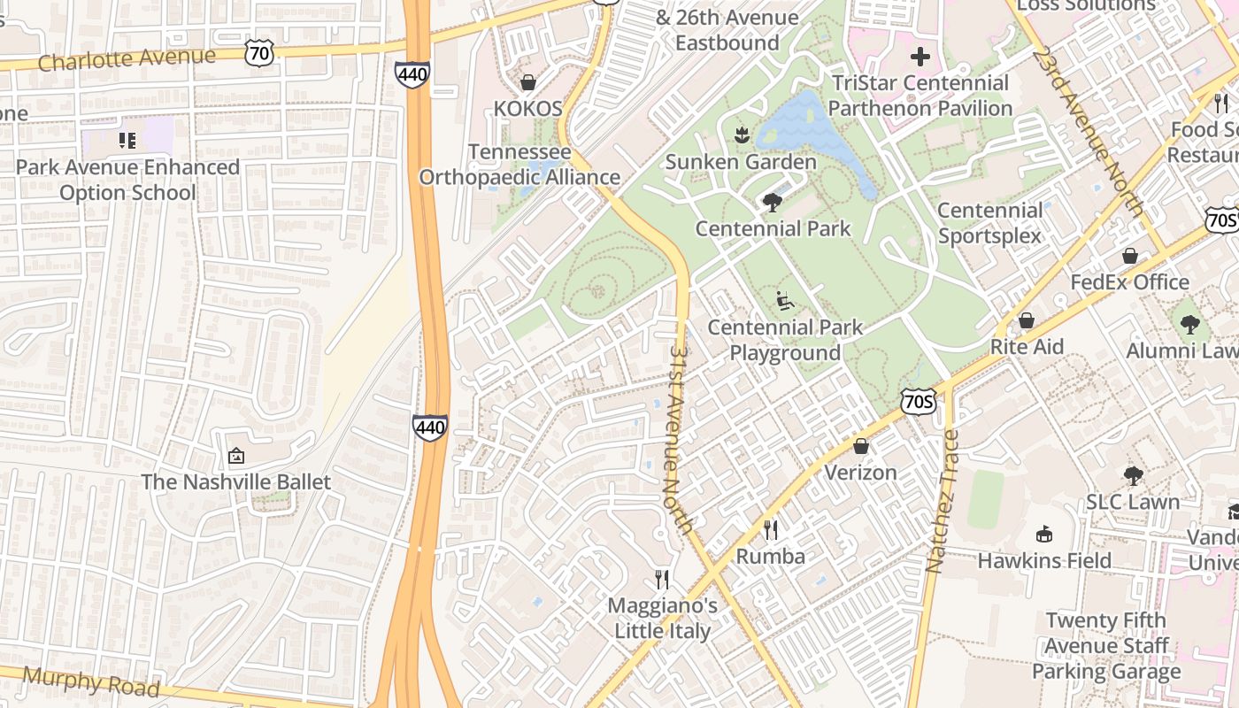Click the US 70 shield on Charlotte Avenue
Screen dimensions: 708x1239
coord(261,52)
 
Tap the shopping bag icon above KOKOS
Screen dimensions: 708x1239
coord(528,82)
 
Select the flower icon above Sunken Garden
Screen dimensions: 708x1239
coord(741,135)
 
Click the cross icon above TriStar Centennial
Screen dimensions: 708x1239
coord(920,58)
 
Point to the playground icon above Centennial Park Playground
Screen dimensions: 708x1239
coord(784,301)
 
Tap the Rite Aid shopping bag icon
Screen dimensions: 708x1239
coord(1027,320)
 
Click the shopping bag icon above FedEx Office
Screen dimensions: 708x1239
coord(1130,256)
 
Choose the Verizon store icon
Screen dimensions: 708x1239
coord(860,446)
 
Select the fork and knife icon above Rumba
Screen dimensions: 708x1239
coord(771,529)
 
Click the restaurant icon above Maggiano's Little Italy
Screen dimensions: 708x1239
coord(662,580)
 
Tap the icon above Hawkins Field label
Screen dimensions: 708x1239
coord(1044,534)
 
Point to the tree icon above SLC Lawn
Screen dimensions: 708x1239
coord(1133,475)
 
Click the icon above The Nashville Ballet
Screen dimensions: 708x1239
coord(236,457)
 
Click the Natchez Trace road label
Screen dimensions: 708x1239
coord(941,501)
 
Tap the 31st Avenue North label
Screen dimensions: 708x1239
coord(680,439)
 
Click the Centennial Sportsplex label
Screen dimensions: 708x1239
coord(989,223)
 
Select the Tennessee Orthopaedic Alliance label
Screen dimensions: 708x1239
coord(519,165)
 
